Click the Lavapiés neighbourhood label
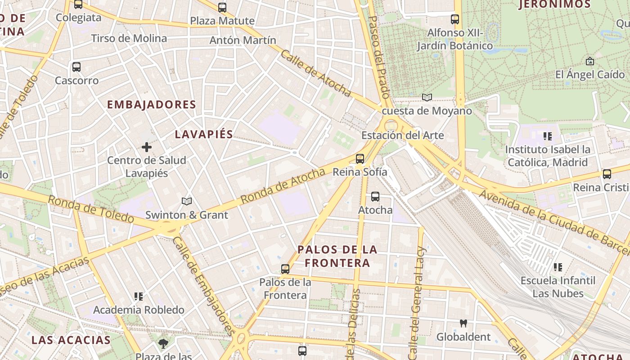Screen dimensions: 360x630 pos(204,134)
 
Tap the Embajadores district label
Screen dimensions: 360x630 pos(151,105)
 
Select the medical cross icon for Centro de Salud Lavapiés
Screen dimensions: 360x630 pos(147,147)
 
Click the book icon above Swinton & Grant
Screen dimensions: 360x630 pos(187,201)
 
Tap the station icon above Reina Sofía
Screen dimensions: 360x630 pos(360,158)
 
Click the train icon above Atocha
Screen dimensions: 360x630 pos(375,197)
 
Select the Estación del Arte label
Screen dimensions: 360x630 pos(402,135)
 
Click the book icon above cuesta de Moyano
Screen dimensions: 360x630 pos(427,97)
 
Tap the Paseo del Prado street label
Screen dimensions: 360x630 pos(379,57)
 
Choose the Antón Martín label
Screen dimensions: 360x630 pos(243,40)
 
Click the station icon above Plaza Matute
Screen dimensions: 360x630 pos(222,8)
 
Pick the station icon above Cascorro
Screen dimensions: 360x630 pos(76,67)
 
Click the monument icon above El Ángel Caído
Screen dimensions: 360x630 pos(590,61)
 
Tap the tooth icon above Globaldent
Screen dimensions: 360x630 pos(463,323)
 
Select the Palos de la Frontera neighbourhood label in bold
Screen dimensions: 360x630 pos(337,256)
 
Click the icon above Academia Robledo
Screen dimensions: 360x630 pos(139,297)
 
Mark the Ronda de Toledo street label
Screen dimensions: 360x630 pos(91,209)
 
